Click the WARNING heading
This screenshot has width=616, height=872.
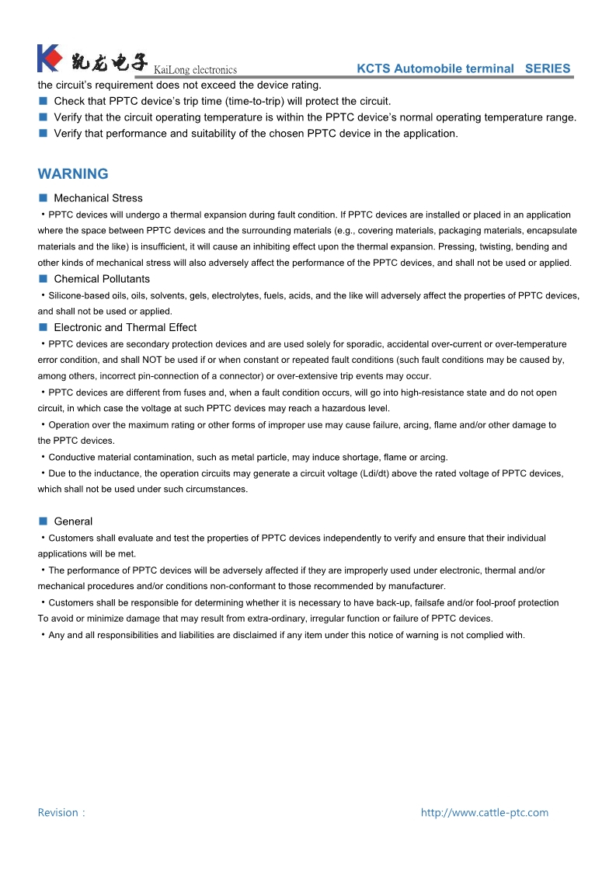click(x=73, y=174)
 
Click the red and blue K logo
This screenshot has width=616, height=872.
click(x=49, y=58)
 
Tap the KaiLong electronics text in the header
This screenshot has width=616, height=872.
click(x=196, y=71)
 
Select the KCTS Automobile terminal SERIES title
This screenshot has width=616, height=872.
click(x=464, y=68)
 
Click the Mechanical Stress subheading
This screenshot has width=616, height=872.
click(x=98, y=198)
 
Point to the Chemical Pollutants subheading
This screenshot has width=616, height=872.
click(x=102, y=279)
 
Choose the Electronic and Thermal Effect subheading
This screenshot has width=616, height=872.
click(x=125, y=327)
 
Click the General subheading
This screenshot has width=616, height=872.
click(x=73, y=521)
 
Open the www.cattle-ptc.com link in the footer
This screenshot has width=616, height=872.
click(x=485, y=813)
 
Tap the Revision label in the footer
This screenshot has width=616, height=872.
click(x=60, y=813)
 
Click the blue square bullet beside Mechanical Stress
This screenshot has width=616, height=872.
click(x=44, y=197)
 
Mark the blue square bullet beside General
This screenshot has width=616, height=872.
click(x=44, y=521)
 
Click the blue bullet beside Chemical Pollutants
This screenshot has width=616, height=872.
click(x=44, y=278)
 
